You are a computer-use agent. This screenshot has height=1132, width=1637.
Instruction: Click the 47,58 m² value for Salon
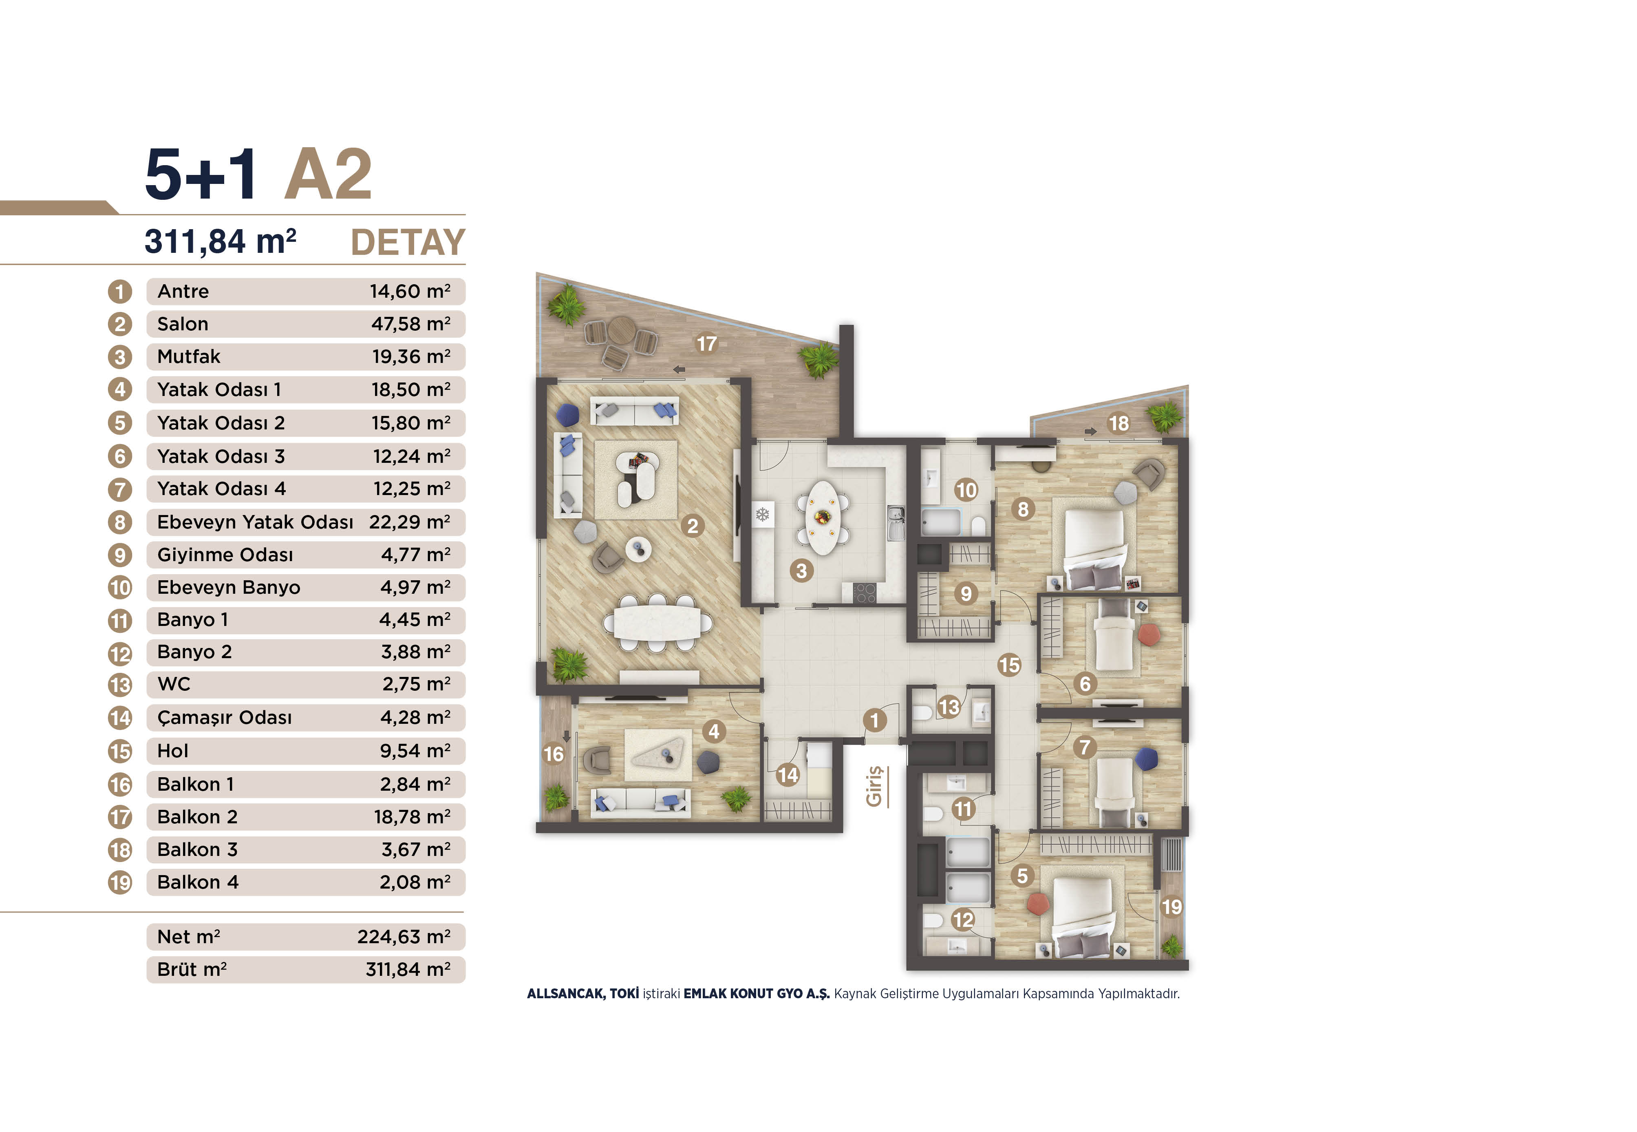[410, 324]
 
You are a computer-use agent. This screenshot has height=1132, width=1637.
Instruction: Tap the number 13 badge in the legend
[120, 685]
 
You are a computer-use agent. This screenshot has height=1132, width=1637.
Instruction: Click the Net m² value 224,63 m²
[404, 937]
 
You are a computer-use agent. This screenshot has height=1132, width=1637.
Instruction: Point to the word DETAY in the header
[408, 243]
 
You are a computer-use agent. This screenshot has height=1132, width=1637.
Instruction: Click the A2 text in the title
[328, 175]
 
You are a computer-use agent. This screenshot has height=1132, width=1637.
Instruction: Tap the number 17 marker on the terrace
[706, 344]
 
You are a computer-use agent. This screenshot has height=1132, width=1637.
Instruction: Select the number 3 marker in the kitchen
[801, 571]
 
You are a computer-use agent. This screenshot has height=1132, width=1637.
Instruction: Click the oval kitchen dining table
[823, 518]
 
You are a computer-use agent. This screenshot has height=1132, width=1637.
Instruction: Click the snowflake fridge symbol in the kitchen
[762, 514]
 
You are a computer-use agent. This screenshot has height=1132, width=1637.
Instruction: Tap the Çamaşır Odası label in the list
[224, 718]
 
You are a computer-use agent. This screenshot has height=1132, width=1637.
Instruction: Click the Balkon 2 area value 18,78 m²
[412, 817]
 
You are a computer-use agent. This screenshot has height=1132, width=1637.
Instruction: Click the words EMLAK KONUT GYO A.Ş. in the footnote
[757, 994]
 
